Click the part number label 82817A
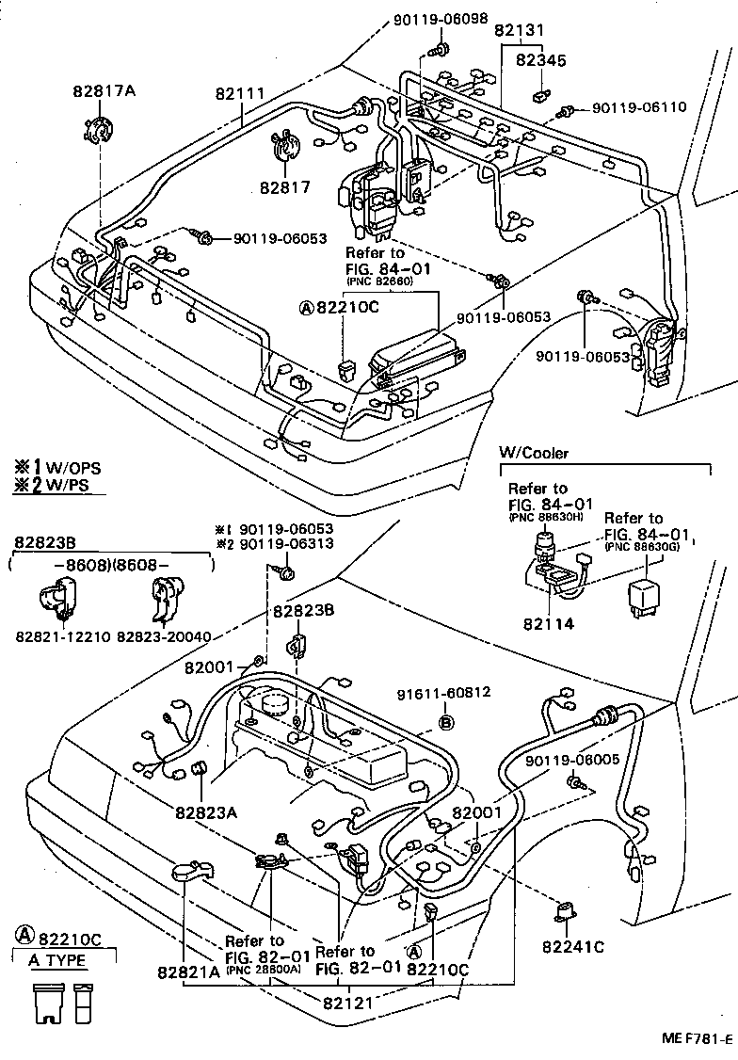[x=104, y=91]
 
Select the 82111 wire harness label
[x=239, y=94]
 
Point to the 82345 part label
[x=540, y=60]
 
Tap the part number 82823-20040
[x=165, y=637]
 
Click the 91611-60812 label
[x=441, y=692]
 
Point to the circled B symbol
[x=447, y=722]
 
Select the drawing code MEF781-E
[x=696, y=1039]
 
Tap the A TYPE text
[x=57, y=960]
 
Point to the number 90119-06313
[x=285, y=544]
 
